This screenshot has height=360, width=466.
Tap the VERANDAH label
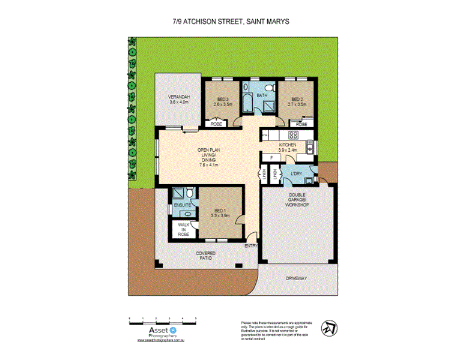pos(179,100)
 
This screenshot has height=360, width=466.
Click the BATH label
pos(262,95)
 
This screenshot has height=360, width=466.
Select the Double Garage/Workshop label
pos(298,200)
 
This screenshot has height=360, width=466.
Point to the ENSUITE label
pos(183,206)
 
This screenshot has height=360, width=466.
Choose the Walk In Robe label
pos(183,229)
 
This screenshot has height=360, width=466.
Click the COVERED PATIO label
pos(205,256)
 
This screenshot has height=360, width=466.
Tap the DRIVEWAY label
pos(296,279)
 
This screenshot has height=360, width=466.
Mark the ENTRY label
pos(251,246)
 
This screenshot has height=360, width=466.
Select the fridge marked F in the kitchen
pos(271,157)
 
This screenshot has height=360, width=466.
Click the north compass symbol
pos(327,329)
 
